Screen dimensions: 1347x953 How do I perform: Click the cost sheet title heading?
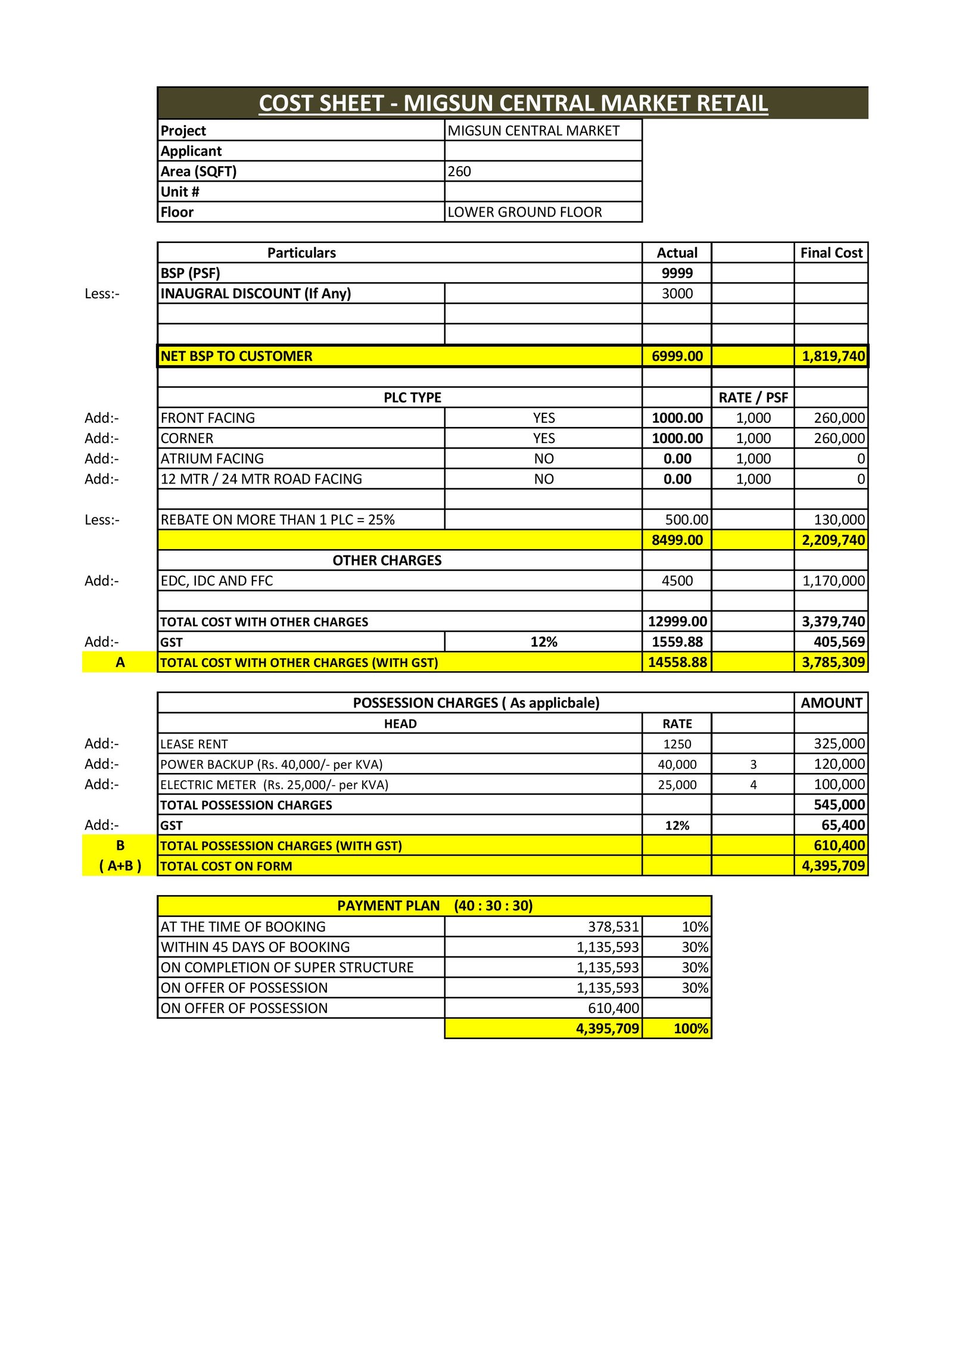click(513, 104)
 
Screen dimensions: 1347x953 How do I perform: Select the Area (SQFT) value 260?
click(459, 172)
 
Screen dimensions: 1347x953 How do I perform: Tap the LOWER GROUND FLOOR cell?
click(524, 212)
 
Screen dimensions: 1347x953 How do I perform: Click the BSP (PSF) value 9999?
click(677, 273)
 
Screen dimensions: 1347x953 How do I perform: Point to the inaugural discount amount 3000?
click(677, 294)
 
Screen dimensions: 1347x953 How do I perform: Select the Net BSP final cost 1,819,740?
click(833, 356)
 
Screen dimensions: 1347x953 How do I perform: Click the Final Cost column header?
click(831, 253)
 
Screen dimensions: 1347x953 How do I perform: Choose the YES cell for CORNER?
click(543, 438)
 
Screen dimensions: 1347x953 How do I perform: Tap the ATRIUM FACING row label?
click(212, 459)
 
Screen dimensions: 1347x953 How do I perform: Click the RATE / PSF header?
click(753, 398)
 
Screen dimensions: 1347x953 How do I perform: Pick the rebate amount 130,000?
click(839, 520)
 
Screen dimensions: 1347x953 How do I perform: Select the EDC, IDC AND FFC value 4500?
click(677, 581)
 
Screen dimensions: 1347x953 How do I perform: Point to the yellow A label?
click(120, 662)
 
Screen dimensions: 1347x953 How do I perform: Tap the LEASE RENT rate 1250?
click(677, 744)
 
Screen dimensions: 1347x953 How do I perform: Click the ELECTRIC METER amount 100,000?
click(839, 784)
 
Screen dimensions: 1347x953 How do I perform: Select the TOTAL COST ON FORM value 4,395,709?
click(833, 866)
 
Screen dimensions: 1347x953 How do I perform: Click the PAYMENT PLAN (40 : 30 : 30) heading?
click(435, 906)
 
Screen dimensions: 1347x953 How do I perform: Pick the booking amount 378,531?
click(613, 927)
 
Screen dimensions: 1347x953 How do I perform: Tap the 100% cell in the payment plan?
click(690, 1028)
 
